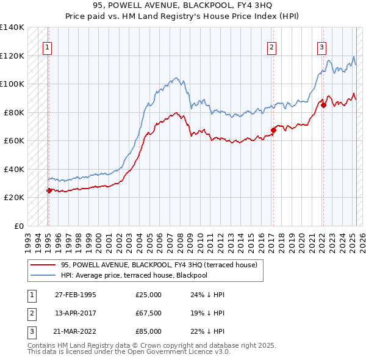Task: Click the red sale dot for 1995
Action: pos(49,190)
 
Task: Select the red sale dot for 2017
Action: pos(273,130)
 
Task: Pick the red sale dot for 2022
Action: pos(323,105)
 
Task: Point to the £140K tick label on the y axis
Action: pos(12,27)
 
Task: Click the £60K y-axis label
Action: pos(13,140)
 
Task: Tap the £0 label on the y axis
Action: pos(18,226)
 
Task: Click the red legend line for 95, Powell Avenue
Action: pos(43,265)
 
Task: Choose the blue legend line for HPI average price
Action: pos(43,275)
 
